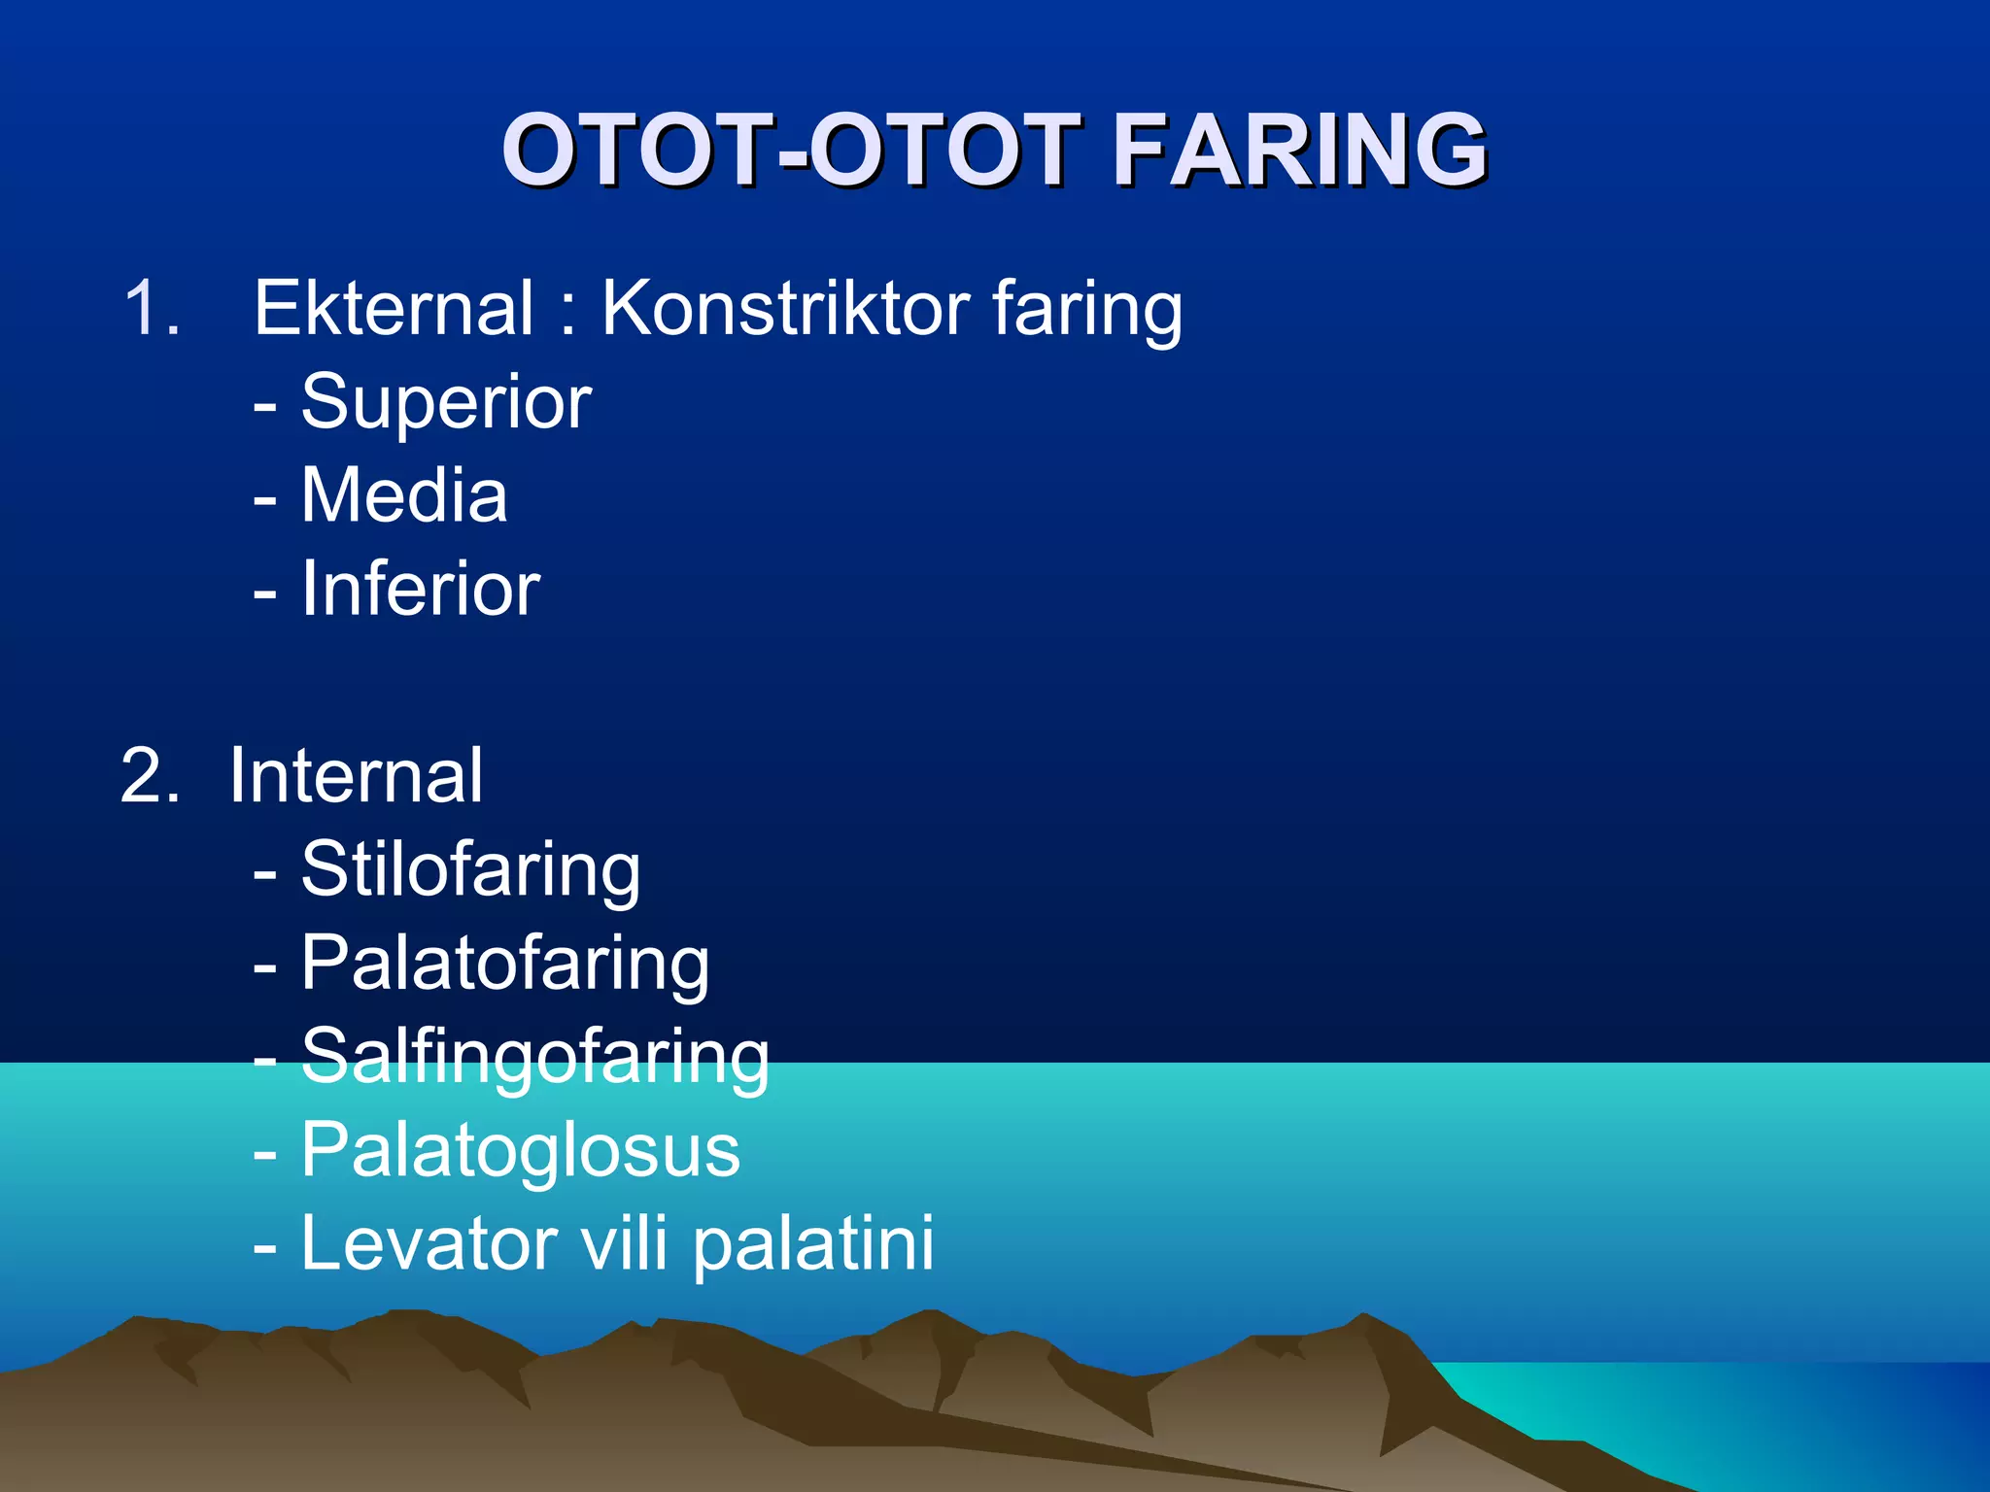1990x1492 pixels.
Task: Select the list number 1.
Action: pos(152,308)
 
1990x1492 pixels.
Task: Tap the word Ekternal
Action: pos(393,308)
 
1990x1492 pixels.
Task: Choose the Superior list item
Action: pos(446,401)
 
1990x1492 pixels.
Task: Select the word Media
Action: pos(403,494)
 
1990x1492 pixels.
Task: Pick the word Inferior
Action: pos(420,588)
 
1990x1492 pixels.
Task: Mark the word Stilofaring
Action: pos(470,869)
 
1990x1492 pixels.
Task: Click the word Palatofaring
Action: pos(504,964)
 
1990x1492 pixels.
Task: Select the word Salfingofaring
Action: pos(534,1057)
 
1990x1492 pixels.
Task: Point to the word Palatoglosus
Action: pos(520,1150)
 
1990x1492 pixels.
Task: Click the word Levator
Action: pos(429,1243)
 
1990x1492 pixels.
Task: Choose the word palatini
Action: pos(813,1243)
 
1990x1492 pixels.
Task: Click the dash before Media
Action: pos(264,498)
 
